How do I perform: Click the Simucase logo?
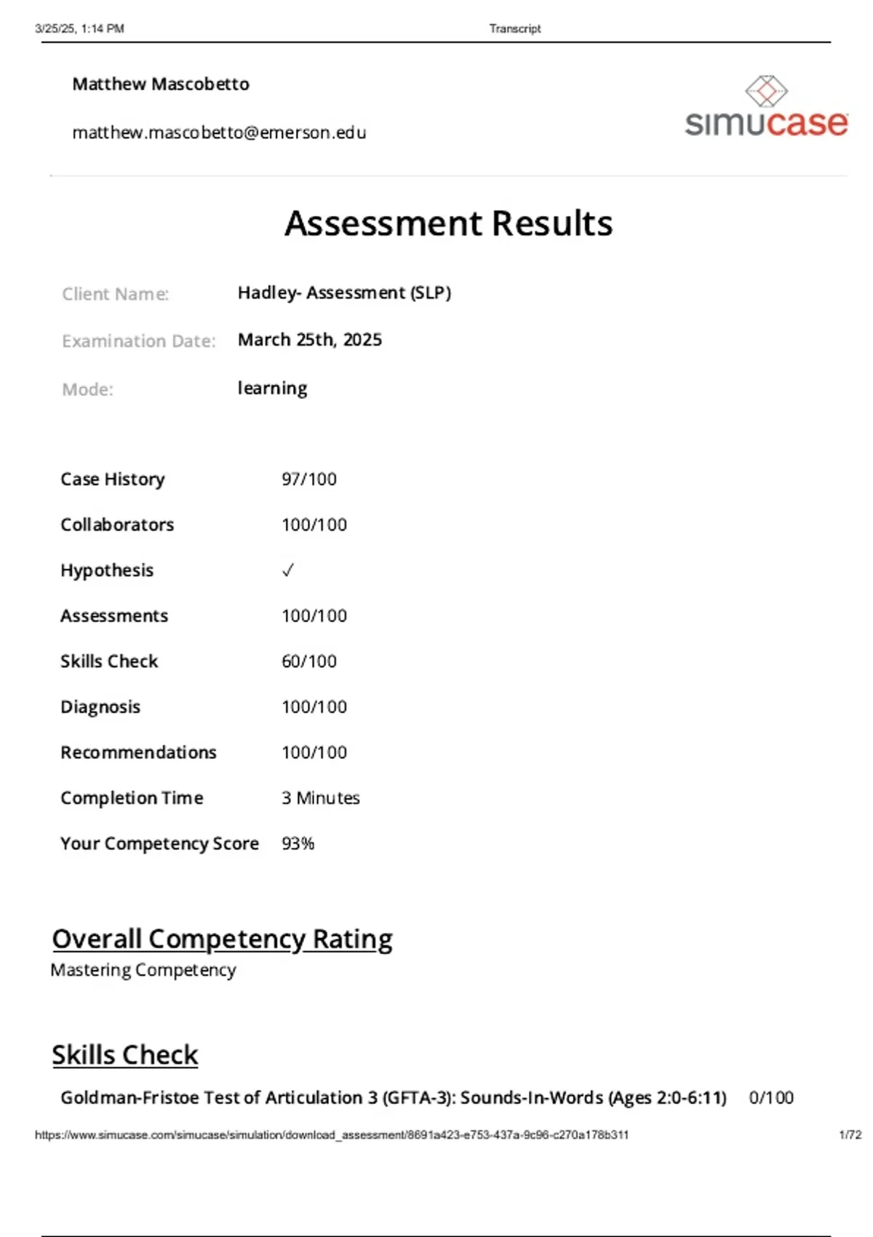(x=766, y=108)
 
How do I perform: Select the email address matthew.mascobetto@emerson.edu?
(x=219, y=132)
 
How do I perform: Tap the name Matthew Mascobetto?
(x=161, y=84)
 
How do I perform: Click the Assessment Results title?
(x=448, y=223)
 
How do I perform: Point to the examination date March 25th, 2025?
(x=309, y=340)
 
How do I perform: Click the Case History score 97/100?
(x=309, y=479)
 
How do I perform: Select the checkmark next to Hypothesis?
(x=288, y=570)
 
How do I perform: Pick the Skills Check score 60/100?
(x=309, y=661)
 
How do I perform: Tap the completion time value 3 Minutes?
(x=320, y=798)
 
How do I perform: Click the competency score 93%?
(x=298, y=843)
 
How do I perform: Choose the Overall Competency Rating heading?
(x=222, y=939)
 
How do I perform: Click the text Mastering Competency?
(x=143, y=970)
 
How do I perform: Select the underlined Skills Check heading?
(x=124, y=1054)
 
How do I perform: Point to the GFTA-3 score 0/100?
(x=771, y=1097)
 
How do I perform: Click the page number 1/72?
(x=850, y=1134)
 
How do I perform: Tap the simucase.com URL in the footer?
(x=332, y=1134)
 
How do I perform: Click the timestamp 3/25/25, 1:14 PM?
(x=79, y=29)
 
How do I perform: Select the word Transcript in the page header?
(x=515, y=29)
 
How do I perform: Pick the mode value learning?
(x=272, y=388)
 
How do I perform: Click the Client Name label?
(x=115, y=294)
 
